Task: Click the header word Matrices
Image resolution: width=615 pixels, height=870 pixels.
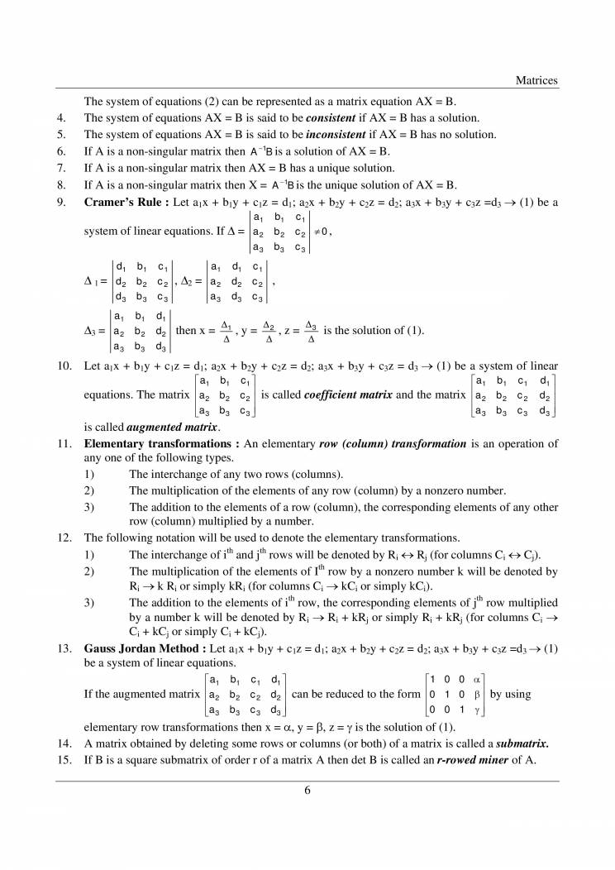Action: pyautogui.click(x=536, y=80)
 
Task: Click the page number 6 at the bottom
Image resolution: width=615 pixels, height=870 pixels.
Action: pyautogui.click(x=307, y=790)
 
